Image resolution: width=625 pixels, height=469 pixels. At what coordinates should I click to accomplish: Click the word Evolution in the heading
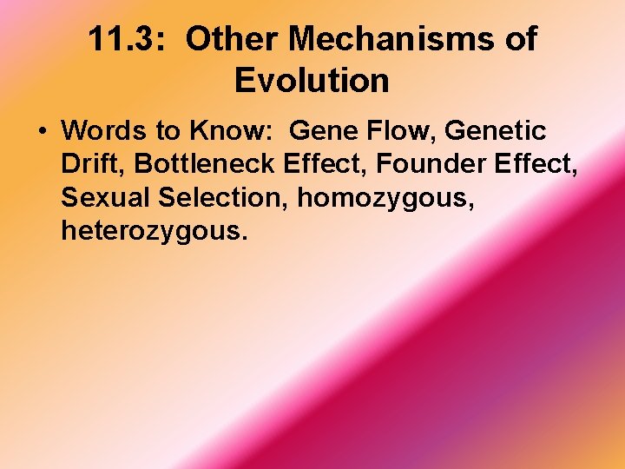pyautogui.click(x=312, y=81)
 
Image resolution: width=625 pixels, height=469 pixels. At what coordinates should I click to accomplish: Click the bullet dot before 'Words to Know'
pyautogui.click(x=42, y=132)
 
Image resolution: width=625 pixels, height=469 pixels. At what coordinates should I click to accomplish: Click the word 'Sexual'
pyautogui.click(x=106, y=197)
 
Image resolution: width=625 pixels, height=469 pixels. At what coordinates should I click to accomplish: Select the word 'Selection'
pyautogui.click(x=223, y=197)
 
